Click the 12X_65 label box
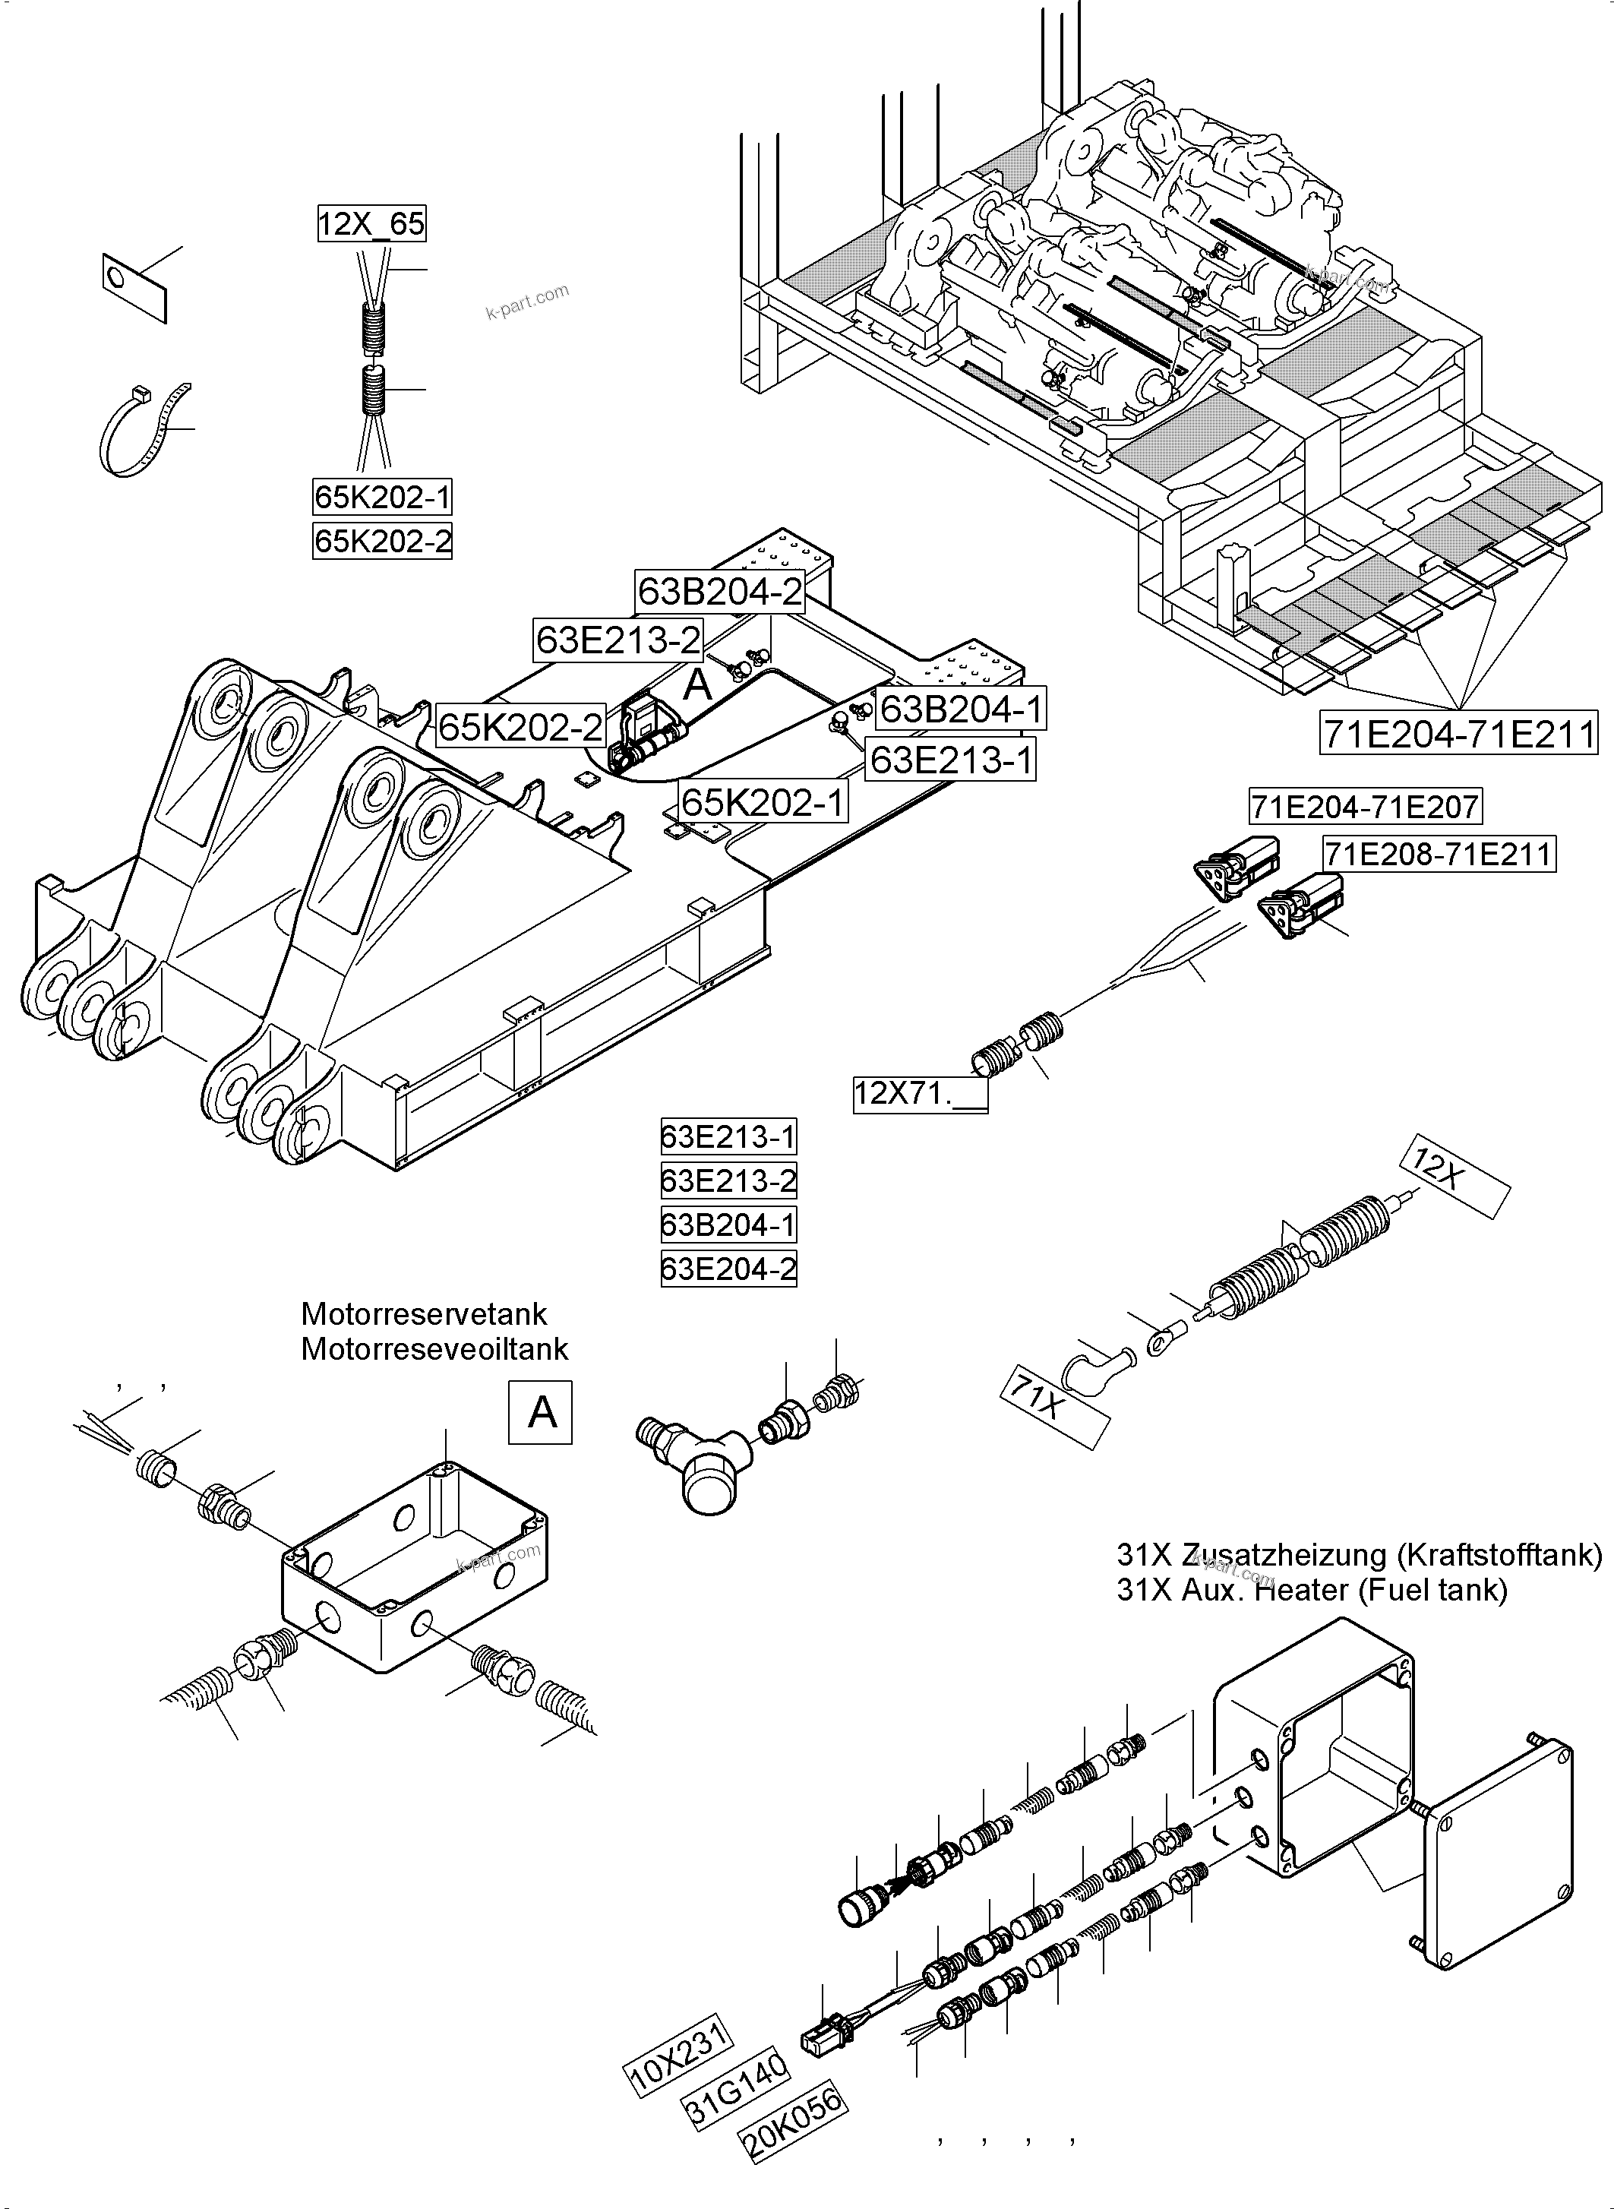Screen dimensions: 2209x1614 (371, 225)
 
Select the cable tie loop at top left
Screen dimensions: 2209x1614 (144, 431)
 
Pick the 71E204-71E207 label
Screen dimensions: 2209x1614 (1365, 807)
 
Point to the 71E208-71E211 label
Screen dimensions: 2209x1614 (1438, 854)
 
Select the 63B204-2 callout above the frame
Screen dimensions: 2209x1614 (719, 591)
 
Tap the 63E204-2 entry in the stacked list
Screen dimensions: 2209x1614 (729, 1269)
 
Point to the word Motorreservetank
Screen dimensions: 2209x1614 (423, 1314)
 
